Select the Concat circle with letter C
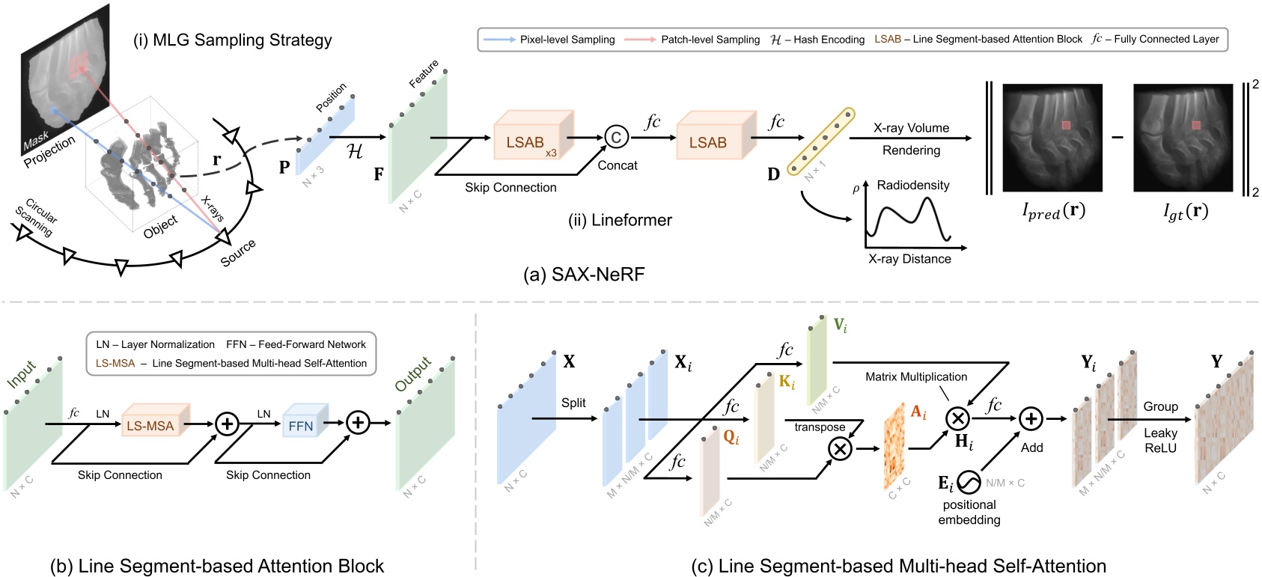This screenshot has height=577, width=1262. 615,138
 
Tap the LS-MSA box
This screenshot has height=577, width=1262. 150,426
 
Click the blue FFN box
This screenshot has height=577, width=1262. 301,426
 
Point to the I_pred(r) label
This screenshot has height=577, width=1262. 1053,211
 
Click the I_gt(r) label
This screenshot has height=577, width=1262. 1185,212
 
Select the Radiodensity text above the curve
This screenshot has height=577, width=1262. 912,185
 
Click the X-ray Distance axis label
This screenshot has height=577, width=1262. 909,259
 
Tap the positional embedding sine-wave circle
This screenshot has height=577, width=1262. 969,483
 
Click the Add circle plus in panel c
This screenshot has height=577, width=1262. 1031,419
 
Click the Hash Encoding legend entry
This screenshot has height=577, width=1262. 817,40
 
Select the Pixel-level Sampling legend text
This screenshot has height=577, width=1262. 567,40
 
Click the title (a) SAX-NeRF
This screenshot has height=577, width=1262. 584,275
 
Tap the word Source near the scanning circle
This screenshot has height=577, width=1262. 238,253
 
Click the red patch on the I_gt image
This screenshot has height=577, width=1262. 1196,125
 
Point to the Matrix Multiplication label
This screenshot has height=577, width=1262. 915,377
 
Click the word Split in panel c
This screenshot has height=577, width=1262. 573,403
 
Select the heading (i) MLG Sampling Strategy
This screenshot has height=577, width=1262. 232,40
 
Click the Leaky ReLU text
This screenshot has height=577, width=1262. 1160,440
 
